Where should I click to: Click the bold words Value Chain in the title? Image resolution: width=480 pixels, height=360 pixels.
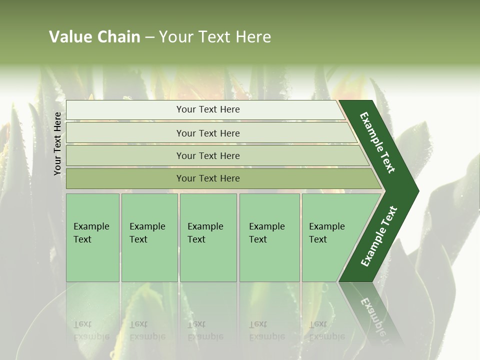94,37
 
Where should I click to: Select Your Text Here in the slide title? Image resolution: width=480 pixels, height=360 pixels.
215,37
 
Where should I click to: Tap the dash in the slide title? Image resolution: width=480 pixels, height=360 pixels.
149,37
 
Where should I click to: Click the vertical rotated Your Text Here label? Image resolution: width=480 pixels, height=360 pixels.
57,143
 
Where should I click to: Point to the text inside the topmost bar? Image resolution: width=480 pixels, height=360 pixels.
208,109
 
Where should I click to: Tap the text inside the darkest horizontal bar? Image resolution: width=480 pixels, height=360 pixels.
208,178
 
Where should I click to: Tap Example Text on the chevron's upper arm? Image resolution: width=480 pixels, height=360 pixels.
377,142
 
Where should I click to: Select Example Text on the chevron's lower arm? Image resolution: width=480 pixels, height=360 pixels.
378,236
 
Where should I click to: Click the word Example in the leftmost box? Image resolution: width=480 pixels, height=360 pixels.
91,226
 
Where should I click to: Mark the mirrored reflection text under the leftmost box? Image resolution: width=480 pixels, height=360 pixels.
91,330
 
